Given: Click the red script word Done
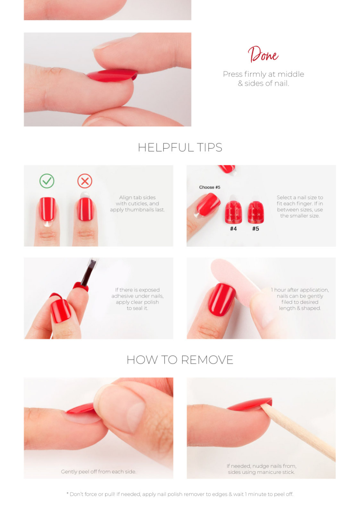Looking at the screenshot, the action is tap(263, 55).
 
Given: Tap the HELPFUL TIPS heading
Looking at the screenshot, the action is tap(180, 147).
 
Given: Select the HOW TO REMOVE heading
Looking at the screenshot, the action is tap(180, 360).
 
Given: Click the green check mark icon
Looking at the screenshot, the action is tap(47, 181).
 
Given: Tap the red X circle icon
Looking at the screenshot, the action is tap(85, 181).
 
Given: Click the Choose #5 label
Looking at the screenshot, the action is tap(210, 187).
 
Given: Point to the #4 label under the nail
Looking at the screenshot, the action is tap(233, 229).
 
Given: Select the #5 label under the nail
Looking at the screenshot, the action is tap(256, 229).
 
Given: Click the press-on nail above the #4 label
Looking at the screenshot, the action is tap(233, 212).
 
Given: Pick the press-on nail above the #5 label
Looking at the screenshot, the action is tap(256, 212).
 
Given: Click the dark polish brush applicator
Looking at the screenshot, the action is tap(89, 272).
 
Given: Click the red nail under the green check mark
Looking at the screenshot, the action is tap(47, 209).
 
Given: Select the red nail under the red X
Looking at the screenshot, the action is tap(85, 209).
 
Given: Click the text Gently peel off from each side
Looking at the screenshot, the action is tap(98, 471).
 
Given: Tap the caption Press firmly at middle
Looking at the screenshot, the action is tap(263, 74).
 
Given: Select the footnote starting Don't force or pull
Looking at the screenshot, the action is tap(180, 494).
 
